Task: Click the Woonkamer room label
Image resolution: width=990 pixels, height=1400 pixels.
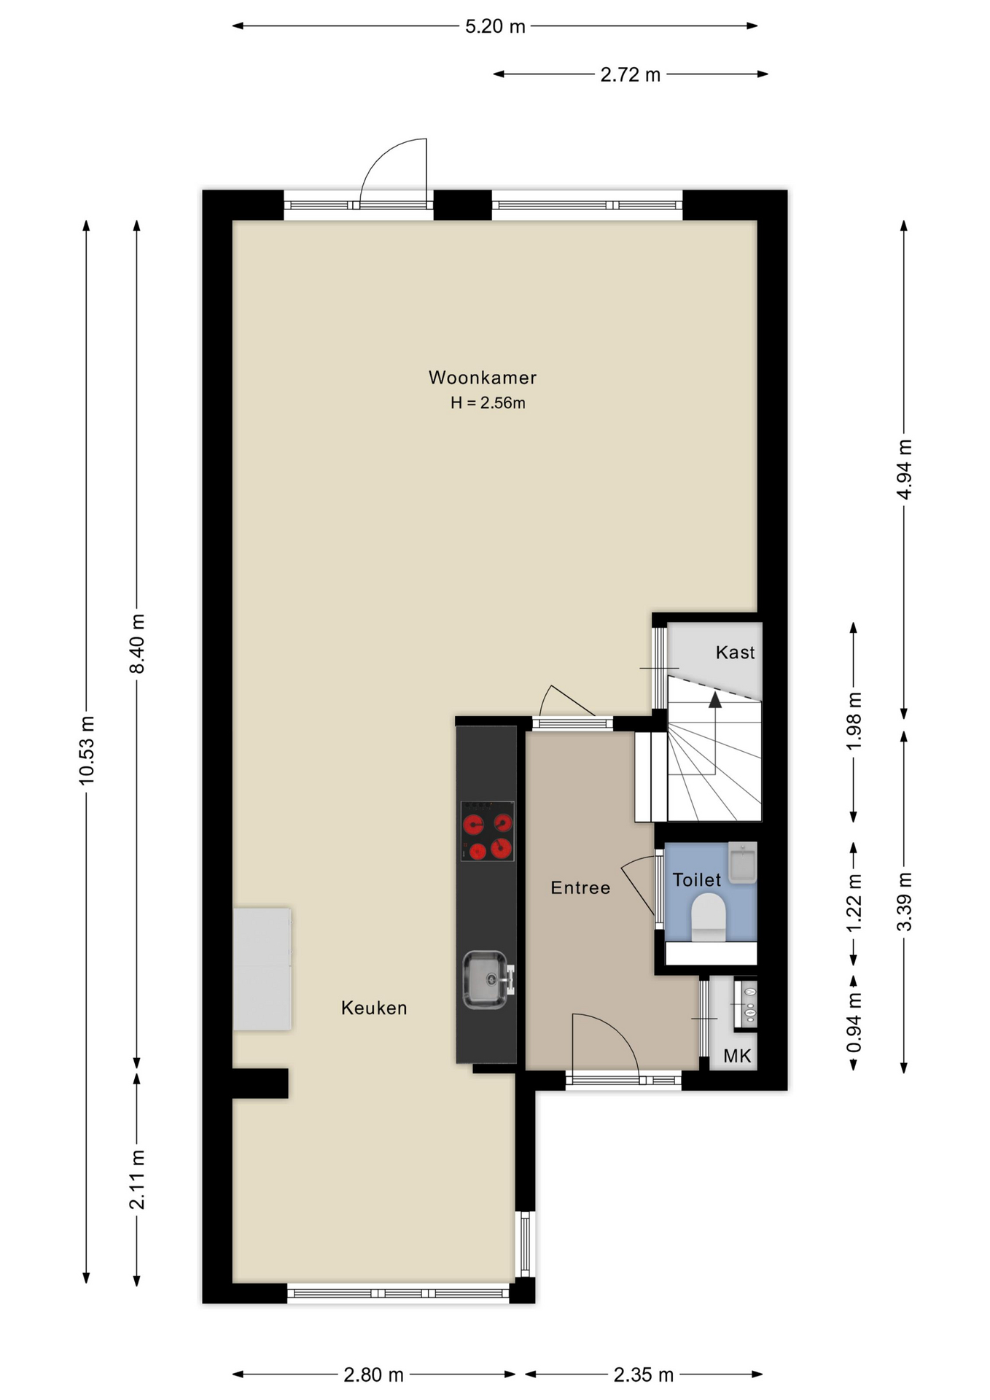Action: pyautogui.click(x=483, y=378)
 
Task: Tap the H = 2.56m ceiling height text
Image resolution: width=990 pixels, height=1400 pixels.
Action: pyautogui.click(x=488, y=402)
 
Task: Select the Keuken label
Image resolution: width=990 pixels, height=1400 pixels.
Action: pyautogui.click(x=374, y=1008)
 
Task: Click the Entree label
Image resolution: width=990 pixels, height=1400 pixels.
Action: pyautogui.click(x=580, y=887)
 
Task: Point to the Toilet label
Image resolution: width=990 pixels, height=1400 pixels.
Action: pyautogui.click(x=697, y=880)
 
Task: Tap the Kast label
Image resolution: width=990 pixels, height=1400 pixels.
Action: pyautogui.click(x=735, y=652)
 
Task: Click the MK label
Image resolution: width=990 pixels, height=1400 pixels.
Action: pyautogui.click(x=737, y=1056)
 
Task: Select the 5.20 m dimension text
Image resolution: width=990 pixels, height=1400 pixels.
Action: pyautogui.click(x=495, y=26)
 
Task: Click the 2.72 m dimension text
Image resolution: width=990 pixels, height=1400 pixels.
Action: pyautogui.click(x=631, y=74)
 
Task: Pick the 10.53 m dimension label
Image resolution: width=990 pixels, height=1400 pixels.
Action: pyautogui.click(x=87, y=751)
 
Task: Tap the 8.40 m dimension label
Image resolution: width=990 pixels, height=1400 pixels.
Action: pyautogui.click(x=137, y=644)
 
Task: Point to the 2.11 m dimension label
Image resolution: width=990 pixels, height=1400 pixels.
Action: pyautogui.click(x=137, y=1179)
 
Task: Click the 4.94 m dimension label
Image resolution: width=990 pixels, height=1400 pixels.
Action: pyautogui.click(x=904, y=469)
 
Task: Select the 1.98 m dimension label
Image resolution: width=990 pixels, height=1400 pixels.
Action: pyautogui.click(x=854, y=720)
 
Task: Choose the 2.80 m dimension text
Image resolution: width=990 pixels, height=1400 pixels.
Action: pyautogui.click(x=373, y=1374)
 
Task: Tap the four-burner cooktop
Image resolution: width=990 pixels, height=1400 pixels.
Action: pyautogui.click(x=488, y=831)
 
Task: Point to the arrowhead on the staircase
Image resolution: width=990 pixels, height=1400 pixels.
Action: pyautogui.click(x=715, y=700)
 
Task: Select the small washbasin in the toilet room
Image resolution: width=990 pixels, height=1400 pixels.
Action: pyautogui.click(x=743, y=863)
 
